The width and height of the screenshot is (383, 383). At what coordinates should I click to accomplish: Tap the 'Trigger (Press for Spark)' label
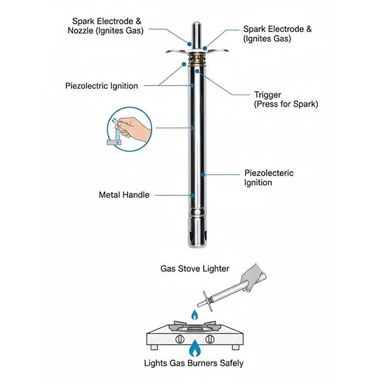pyautogui.click(x=285, y=99)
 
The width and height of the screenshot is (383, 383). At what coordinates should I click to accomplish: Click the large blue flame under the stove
pyautogui.click(x=193, y=349)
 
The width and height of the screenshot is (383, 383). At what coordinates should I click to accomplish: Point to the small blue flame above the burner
pyautogui.click(x=194, y=315)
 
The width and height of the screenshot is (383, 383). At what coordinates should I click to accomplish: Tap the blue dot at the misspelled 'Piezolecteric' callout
pyautogui.click(x=202, y=174)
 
